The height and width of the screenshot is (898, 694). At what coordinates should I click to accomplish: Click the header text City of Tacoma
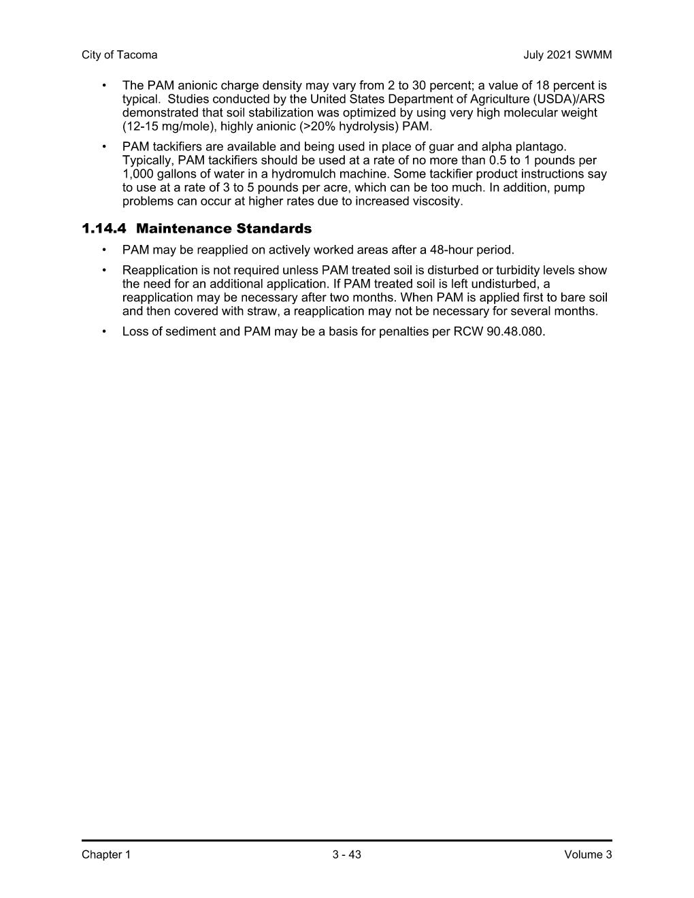[119, 55]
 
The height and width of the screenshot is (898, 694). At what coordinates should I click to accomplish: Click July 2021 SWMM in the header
[567, 55]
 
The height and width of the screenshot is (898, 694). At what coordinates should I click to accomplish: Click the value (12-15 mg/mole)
[169, 127]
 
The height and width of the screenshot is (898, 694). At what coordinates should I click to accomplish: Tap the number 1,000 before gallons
[138, 174]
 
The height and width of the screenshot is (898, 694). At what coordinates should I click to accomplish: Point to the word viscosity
[437, 201]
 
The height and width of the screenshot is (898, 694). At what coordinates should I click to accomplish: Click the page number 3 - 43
[346, 854]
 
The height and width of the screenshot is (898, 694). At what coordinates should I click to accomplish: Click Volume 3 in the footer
[588, 854]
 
